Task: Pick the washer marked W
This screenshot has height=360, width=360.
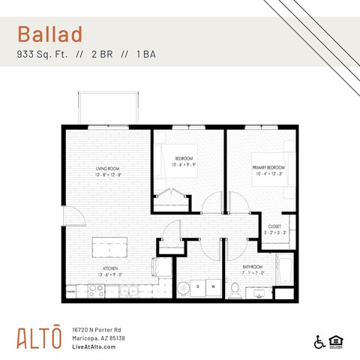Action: pyautogui.click(x=213, y=286)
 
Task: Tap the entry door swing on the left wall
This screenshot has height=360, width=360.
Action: pyautogui.click(x=72, y=217)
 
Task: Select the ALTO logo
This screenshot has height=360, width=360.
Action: pyautogui.click(x=39, y=337)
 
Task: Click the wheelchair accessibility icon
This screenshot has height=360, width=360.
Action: pyautogui.click(x=319, y=342)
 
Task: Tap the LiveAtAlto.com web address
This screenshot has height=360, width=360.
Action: pyautogui.click(x=94, y=346)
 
